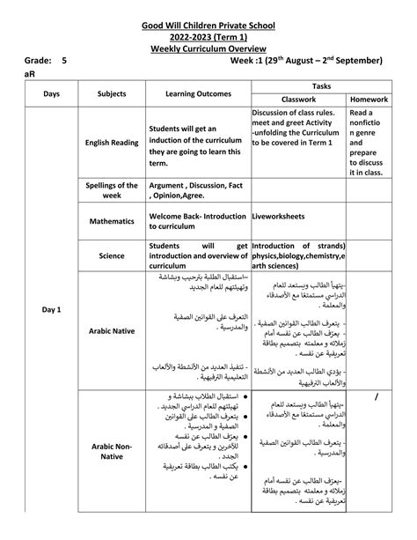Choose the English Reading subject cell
pos(112,142)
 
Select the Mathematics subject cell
pos(112,222)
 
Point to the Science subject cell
pos(112,255)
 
